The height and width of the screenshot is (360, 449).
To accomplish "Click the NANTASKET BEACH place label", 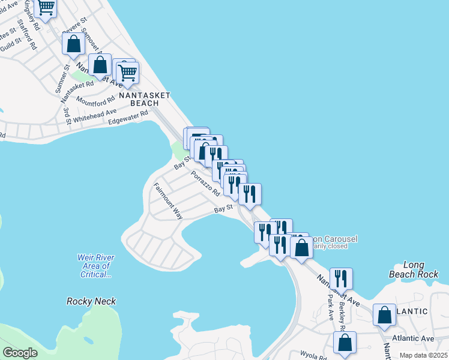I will coord(144,99).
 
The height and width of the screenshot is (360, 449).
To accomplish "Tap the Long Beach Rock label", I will coord(418,269).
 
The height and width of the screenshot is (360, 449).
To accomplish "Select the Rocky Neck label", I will coord(91,301).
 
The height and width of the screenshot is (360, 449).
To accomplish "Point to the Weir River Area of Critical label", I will coord(96,266).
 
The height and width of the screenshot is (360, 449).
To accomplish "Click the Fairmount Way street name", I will coord(167,200).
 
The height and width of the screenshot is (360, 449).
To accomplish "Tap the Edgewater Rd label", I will coord(127,118).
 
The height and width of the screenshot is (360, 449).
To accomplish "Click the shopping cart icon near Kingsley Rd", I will coord(46,8).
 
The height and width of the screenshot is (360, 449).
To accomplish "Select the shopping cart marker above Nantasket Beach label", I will coord(127,73).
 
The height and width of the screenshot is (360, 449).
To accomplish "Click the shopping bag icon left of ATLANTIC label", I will coord(384,315).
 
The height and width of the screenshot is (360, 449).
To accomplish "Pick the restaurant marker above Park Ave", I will coord(341,278).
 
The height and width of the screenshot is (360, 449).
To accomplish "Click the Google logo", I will coord(20,353).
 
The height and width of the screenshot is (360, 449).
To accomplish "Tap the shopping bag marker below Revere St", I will coord(73,44).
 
